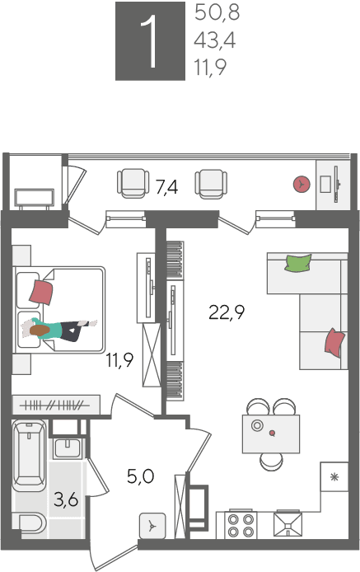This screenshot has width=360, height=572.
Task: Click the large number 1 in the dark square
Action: pos(150,41)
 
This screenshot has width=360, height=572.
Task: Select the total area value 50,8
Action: pos(217,12)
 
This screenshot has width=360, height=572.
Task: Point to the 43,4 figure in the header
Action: pos(215,40)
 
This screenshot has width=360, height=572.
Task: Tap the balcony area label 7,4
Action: pos(166,187)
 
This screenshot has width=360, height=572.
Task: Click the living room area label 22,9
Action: pos(227,312)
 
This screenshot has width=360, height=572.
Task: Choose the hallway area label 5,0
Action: pos(140,476)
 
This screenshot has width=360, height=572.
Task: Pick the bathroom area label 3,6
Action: pos(66,499)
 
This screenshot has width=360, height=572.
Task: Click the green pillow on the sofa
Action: pos(298,263)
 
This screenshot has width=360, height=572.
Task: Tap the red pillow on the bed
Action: pos(41,292)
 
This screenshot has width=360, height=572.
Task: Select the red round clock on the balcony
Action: pos(302,185)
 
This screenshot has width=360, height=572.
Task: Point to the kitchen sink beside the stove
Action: pos(288,524)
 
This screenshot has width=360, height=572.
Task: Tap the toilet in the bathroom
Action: pos(30,524)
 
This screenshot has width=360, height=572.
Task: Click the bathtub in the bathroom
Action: pos(29,455)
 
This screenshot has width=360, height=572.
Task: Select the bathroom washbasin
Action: pos(67,448)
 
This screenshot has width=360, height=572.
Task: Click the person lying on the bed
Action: pos(58,329)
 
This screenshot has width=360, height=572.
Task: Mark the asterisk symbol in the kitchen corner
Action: pos(334,476)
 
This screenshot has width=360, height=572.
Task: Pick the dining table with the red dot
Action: pos(271,434)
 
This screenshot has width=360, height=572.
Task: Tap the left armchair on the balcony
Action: pos(133,183)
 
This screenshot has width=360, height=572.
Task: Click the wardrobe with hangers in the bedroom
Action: pos(56,405)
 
